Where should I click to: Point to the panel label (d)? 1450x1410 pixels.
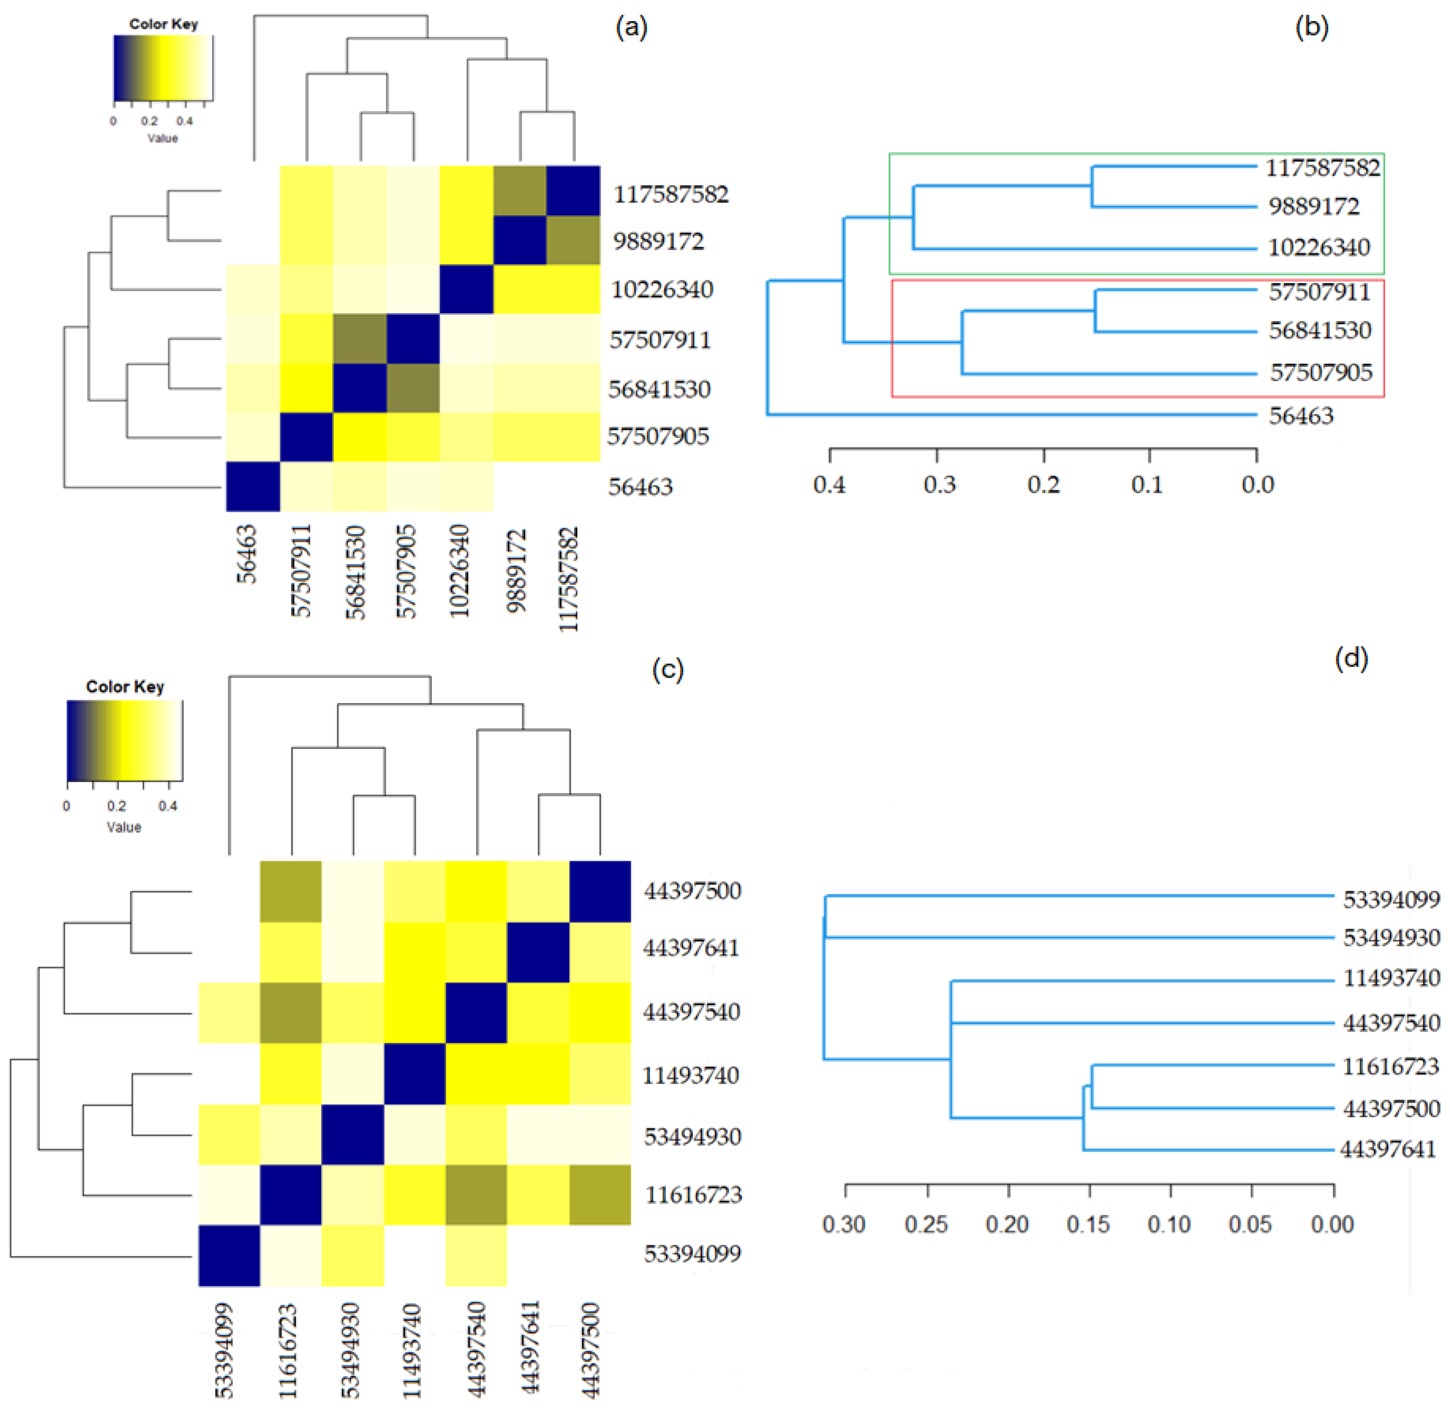1351,657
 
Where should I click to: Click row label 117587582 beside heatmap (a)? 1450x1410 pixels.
670,195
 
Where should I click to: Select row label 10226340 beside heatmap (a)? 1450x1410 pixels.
662,289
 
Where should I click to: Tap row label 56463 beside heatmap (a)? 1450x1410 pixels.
640,487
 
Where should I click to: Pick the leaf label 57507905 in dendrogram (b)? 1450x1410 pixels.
1320,373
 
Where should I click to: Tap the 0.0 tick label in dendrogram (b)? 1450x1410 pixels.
1257,485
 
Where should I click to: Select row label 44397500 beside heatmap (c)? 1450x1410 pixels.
692,891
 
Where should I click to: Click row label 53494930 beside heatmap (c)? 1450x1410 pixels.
692,1137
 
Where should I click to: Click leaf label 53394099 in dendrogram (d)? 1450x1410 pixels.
1391,900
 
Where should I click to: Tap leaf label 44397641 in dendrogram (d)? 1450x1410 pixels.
1388,1149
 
